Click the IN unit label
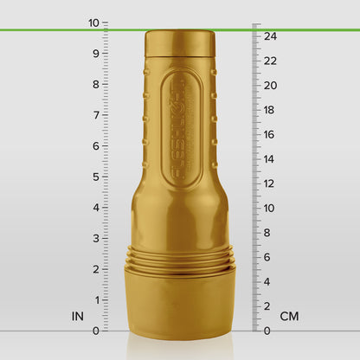click(x=78, y=317)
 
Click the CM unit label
click(x=289, y=317)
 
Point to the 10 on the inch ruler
click(x=93, y=23)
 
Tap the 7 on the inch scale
click(x=96, y=115)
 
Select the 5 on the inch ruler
click(x=96, y=177)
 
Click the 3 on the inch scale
click(x=96, y=238)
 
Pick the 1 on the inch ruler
click(x=96, y=299)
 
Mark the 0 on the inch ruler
click(x=96, y=330)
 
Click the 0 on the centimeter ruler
click(x=267, y=330)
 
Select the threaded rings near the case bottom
click(x=180, y=259)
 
